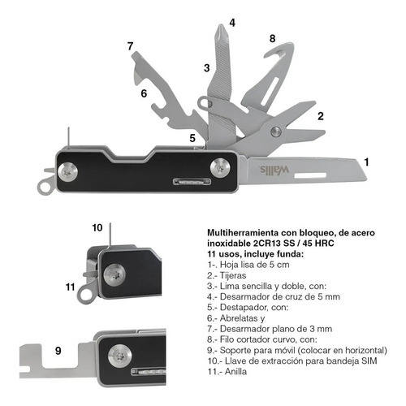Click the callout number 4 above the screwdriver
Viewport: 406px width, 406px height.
click(x=232, y=23)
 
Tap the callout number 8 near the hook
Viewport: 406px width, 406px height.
click(x=272, y=38)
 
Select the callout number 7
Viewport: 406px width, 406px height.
click(x=130, y=46)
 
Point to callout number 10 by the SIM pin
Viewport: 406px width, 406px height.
click(x=97, y=227)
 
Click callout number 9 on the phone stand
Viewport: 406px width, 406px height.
click(x=58, y=351)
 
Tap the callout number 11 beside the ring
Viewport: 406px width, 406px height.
click(x=71, y=287)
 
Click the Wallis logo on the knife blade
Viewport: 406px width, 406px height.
click(x=274, y=170)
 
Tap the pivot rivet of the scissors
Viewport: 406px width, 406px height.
click(x=276, y=132)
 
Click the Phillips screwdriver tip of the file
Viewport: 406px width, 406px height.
click(x=221, y=32)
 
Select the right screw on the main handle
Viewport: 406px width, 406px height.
click(x=220, y=168)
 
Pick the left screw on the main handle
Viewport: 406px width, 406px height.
click(x=67, y=172)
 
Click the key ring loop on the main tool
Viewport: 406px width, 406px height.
click(x=45, y=188)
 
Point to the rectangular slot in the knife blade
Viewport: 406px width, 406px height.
click(x=310, y=175)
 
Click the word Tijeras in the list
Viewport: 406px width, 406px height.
click(x=233, y=275)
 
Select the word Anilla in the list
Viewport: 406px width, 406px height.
click(x=235, y=371)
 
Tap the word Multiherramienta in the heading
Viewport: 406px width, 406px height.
click(x=243, y=233)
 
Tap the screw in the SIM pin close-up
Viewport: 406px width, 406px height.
click(x=114, y=275)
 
